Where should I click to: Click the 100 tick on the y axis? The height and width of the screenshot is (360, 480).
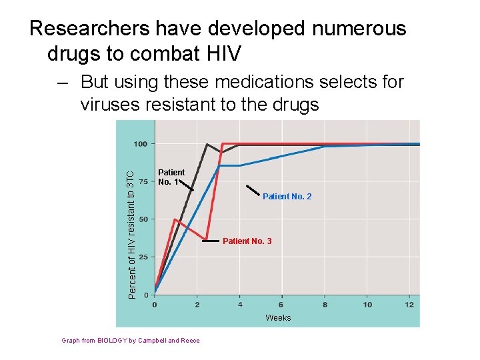(141, 144)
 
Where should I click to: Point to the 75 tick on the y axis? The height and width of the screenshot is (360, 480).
(143, 181)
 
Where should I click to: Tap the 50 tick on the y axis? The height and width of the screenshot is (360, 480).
(143, 219)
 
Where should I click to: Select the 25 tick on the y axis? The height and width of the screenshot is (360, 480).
(143, 257)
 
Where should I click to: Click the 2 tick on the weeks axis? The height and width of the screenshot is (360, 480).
(197, 305)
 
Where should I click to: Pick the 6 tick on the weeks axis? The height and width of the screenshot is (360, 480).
(282, 305)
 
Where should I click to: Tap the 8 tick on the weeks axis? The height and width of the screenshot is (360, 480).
(325, 305)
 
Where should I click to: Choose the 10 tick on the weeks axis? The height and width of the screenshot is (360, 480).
(367, 305)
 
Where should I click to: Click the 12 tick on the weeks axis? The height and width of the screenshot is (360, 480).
(409, 305)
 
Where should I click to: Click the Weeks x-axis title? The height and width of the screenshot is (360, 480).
(278, 318)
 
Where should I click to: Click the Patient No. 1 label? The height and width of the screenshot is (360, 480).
(171, 177)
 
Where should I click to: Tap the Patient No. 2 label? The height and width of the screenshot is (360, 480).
(287, 197)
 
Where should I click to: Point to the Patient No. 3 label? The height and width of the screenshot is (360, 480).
(247, 241)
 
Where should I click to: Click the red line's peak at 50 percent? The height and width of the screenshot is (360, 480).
(175, 219)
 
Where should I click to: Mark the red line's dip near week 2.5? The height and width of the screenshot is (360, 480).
(207, 239)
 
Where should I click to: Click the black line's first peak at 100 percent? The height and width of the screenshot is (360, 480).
(207, 144)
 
